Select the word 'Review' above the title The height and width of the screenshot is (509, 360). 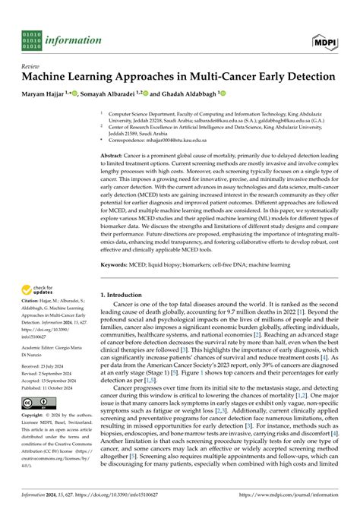pos(32,65)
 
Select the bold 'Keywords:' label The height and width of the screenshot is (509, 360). pos(117,244)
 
